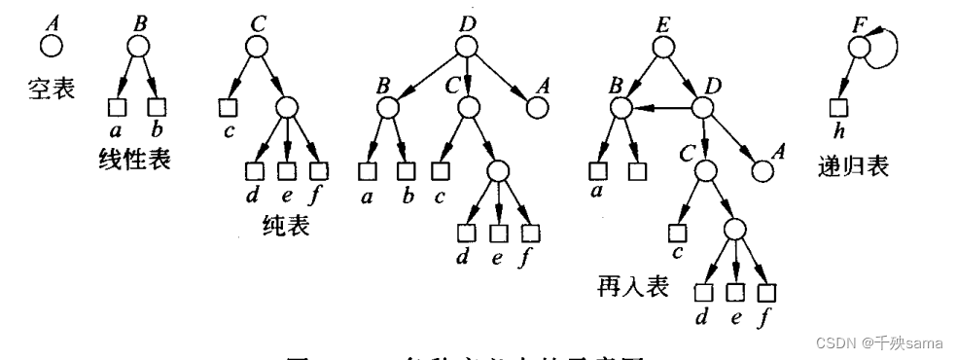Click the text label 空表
pyautogui.click(x=47, y=96)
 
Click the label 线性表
pyautogui.click(x=136, y=159)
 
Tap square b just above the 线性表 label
pyautogui.click(x=154, y=106)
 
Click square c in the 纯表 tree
pyautogui.click(x=229, y=106)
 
